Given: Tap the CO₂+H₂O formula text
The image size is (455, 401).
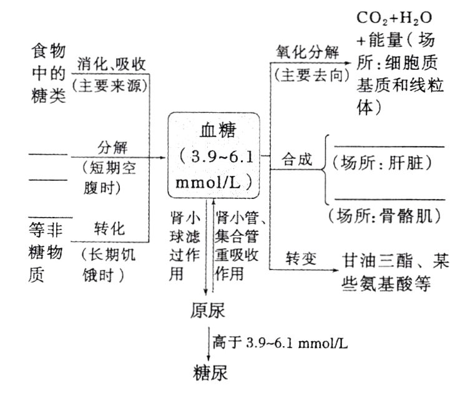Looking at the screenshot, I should pyautogui.click(x=393, y=17).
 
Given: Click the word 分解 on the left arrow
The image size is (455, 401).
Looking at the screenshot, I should pyautogui.click(x=112, y=148).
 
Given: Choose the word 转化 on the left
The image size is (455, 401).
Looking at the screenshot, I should pyautogui.click(x=110, y=229).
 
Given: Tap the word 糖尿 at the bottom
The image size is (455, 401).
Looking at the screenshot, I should pyautogui.click(x=209, y=372).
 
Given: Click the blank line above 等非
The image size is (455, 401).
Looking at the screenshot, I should pyautogui.click(x=50, y=216).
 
